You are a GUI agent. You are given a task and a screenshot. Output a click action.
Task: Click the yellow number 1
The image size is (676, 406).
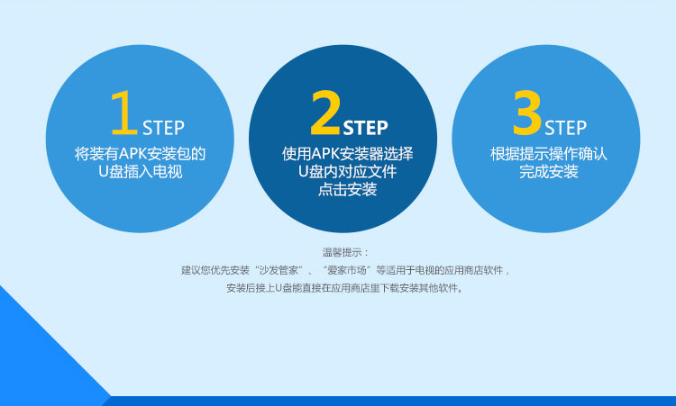point(123,113)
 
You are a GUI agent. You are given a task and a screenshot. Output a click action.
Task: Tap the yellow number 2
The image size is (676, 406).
point(326,113)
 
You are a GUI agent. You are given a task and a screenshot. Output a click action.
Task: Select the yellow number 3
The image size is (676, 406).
point(527,113)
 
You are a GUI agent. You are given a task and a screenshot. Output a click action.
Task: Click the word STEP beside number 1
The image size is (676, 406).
point(163,128)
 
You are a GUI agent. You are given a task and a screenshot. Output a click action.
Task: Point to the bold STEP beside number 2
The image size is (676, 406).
point(366,128)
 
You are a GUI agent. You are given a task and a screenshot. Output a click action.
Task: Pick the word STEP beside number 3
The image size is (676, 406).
point(566,128)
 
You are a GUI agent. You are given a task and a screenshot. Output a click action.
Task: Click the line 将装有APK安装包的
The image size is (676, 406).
point(140,154)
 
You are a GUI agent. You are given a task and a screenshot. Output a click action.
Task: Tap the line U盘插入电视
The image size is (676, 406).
point(140,171)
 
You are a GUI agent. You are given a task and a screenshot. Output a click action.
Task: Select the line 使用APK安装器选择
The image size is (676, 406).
point(348,154)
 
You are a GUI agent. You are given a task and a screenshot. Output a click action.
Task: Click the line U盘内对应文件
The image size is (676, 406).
point(348,171)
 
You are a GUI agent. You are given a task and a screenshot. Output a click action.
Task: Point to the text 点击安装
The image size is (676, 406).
point(348,189)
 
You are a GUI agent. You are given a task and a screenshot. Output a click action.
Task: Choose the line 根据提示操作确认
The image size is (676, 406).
point(548,154)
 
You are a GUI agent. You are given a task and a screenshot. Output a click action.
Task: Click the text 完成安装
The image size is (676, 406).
point(548,171)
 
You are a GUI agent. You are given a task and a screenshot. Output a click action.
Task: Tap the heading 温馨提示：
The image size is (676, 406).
point(345,252)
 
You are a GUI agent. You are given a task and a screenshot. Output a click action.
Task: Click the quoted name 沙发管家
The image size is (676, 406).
point(279,270)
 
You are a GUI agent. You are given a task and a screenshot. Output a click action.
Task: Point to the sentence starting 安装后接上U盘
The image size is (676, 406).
point(345,288)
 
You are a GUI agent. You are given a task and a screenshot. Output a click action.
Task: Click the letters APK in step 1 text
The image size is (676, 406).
point(132,154)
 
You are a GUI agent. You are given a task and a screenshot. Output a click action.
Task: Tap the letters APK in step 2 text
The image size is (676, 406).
point(325,154)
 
